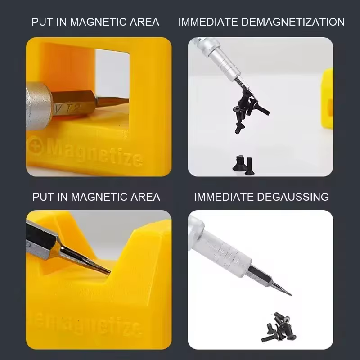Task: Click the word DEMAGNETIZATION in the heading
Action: coord(293,22)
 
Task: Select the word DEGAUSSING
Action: coord(293,197)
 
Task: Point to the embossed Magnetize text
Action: coord(94,152)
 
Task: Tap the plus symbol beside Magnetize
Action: coord(36,145)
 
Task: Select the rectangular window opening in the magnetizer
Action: coord(112,76)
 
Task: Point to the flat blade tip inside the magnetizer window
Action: coord(112,100)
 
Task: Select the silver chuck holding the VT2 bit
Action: coord(38,106)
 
